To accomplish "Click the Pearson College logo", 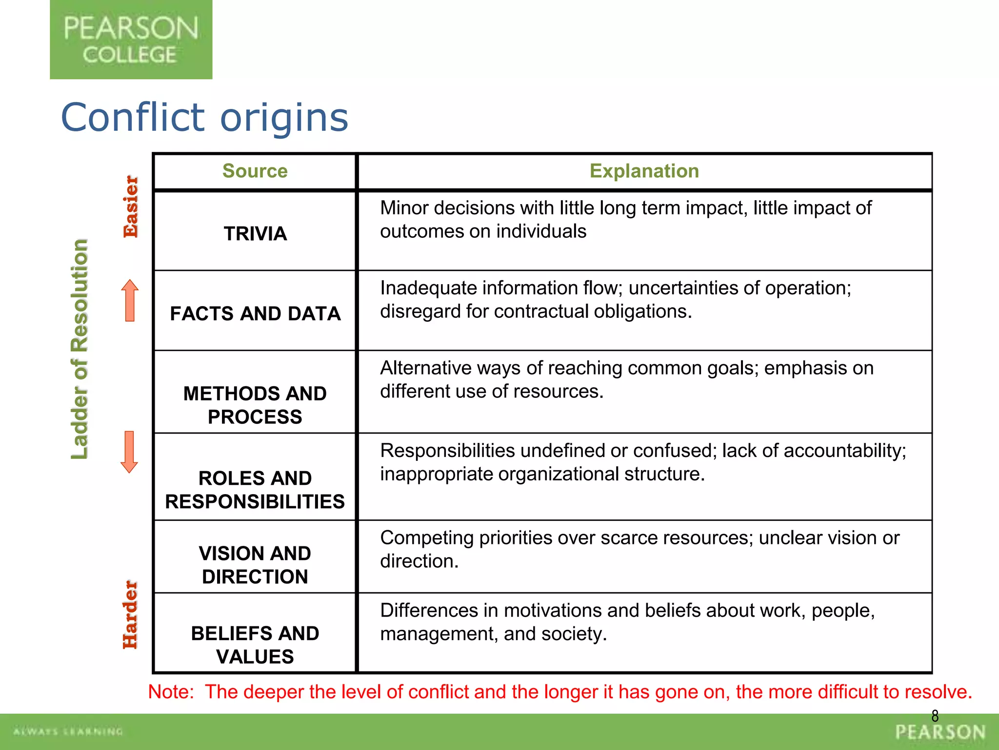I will [131, 40].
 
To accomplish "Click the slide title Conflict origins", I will [204, 118].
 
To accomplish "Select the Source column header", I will [255, 171].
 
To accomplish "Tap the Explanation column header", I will [644, 171].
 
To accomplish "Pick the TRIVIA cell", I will [255, 233].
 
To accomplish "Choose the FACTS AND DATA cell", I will [255, 313].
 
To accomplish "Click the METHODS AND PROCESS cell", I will [255, 405].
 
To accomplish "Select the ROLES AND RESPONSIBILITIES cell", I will [255, 490].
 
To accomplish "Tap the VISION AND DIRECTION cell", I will [255, 565].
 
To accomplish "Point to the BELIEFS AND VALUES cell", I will [255, 645].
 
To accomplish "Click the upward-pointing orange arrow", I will [130, 300].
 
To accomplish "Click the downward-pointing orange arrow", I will [129, 452].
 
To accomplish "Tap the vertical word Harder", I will [130, 615].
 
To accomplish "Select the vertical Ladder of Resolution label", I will [80, 349].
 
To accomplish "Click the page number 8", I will [935, 716].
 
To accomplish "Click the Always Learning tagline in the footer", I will [68, 731].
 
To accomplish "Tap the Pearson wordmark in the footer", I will [940, 732].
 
